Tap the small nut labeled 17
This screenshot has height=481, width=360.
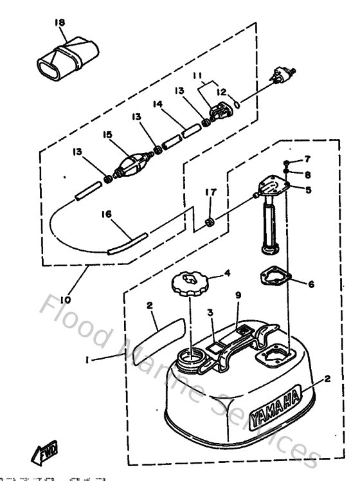(x=208, y=222)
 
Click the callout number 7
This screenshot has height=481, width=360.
(x=307, y=159)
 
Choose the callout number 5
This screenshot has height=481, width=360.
(x=308, y=190)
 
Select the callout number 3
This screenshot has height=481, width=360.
(x=209, y=313)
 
